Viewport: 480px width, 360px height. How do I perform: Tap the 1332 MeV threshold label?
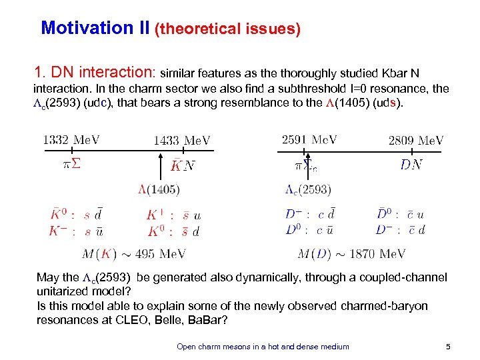click(72, 140)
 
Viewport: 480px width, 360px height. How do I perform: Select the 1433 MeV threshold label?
click(182, 140)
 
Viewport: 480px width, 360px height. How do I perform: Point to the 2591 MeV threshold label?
click(309, 140)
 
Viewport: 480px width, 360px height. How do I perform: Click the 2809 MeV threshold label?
click(416, 140)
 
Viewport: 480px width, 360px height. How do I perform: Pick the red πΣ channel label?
click(71, 165)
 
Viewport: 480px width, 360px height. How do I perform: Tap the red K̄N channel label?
click(182, 165)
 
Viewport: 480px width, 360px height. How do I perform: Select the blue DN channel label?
click(411, 165)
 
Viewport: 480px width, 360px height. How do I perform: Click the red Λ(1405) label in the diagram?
click(159, 190)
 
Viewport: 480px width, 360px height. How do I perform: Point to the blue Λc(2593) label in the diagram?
click(308, 190)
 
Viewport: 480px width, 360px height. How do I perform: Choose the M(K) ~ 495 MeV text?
click(133, 254)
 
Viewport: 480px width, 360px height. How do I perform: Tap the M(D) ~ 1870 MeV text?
click(351, 254)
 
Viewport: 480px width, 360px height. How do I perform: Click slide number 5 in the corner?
click(447, 346)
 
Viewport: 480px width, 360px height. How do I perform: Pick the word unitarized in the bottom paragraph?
click(65, 291)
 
